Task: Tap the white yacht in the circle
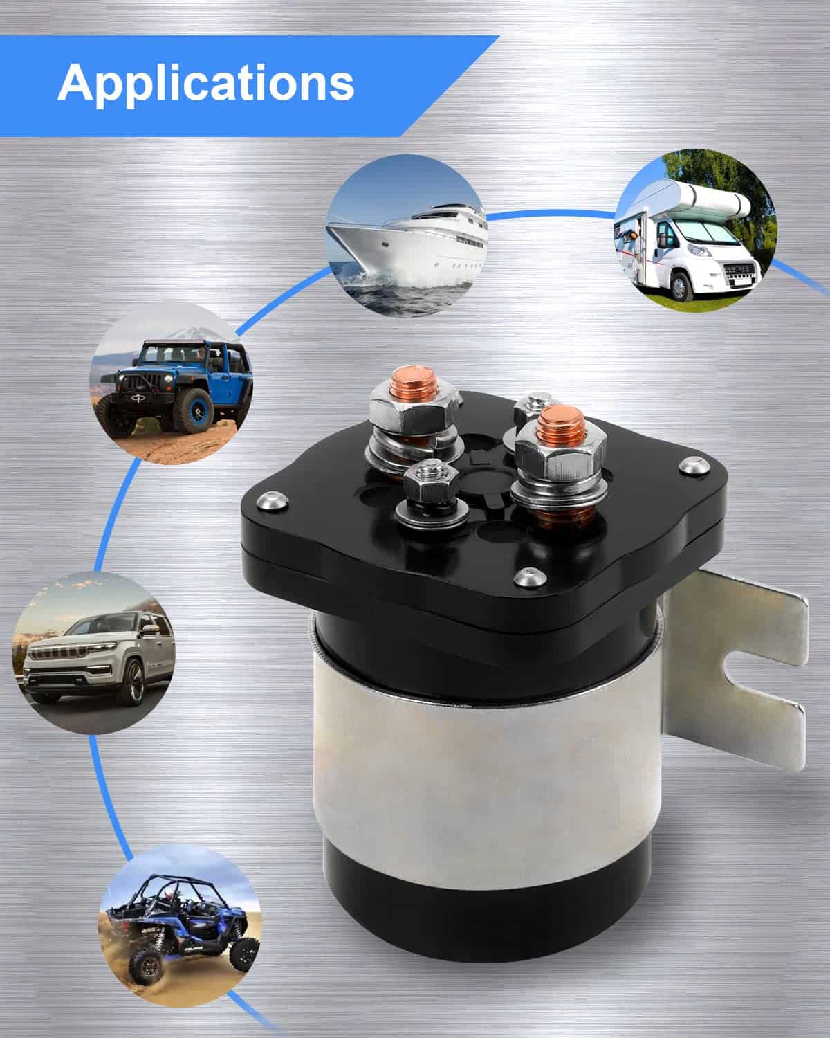[x=407, y=237]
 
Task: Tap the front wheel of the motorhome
[x=679, y=286]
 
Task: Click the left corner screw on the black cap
[x=273, y=501]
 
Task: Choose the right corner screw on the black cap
[x=694, y=466]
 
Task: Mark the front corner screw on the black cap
[x=530, y=576]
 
